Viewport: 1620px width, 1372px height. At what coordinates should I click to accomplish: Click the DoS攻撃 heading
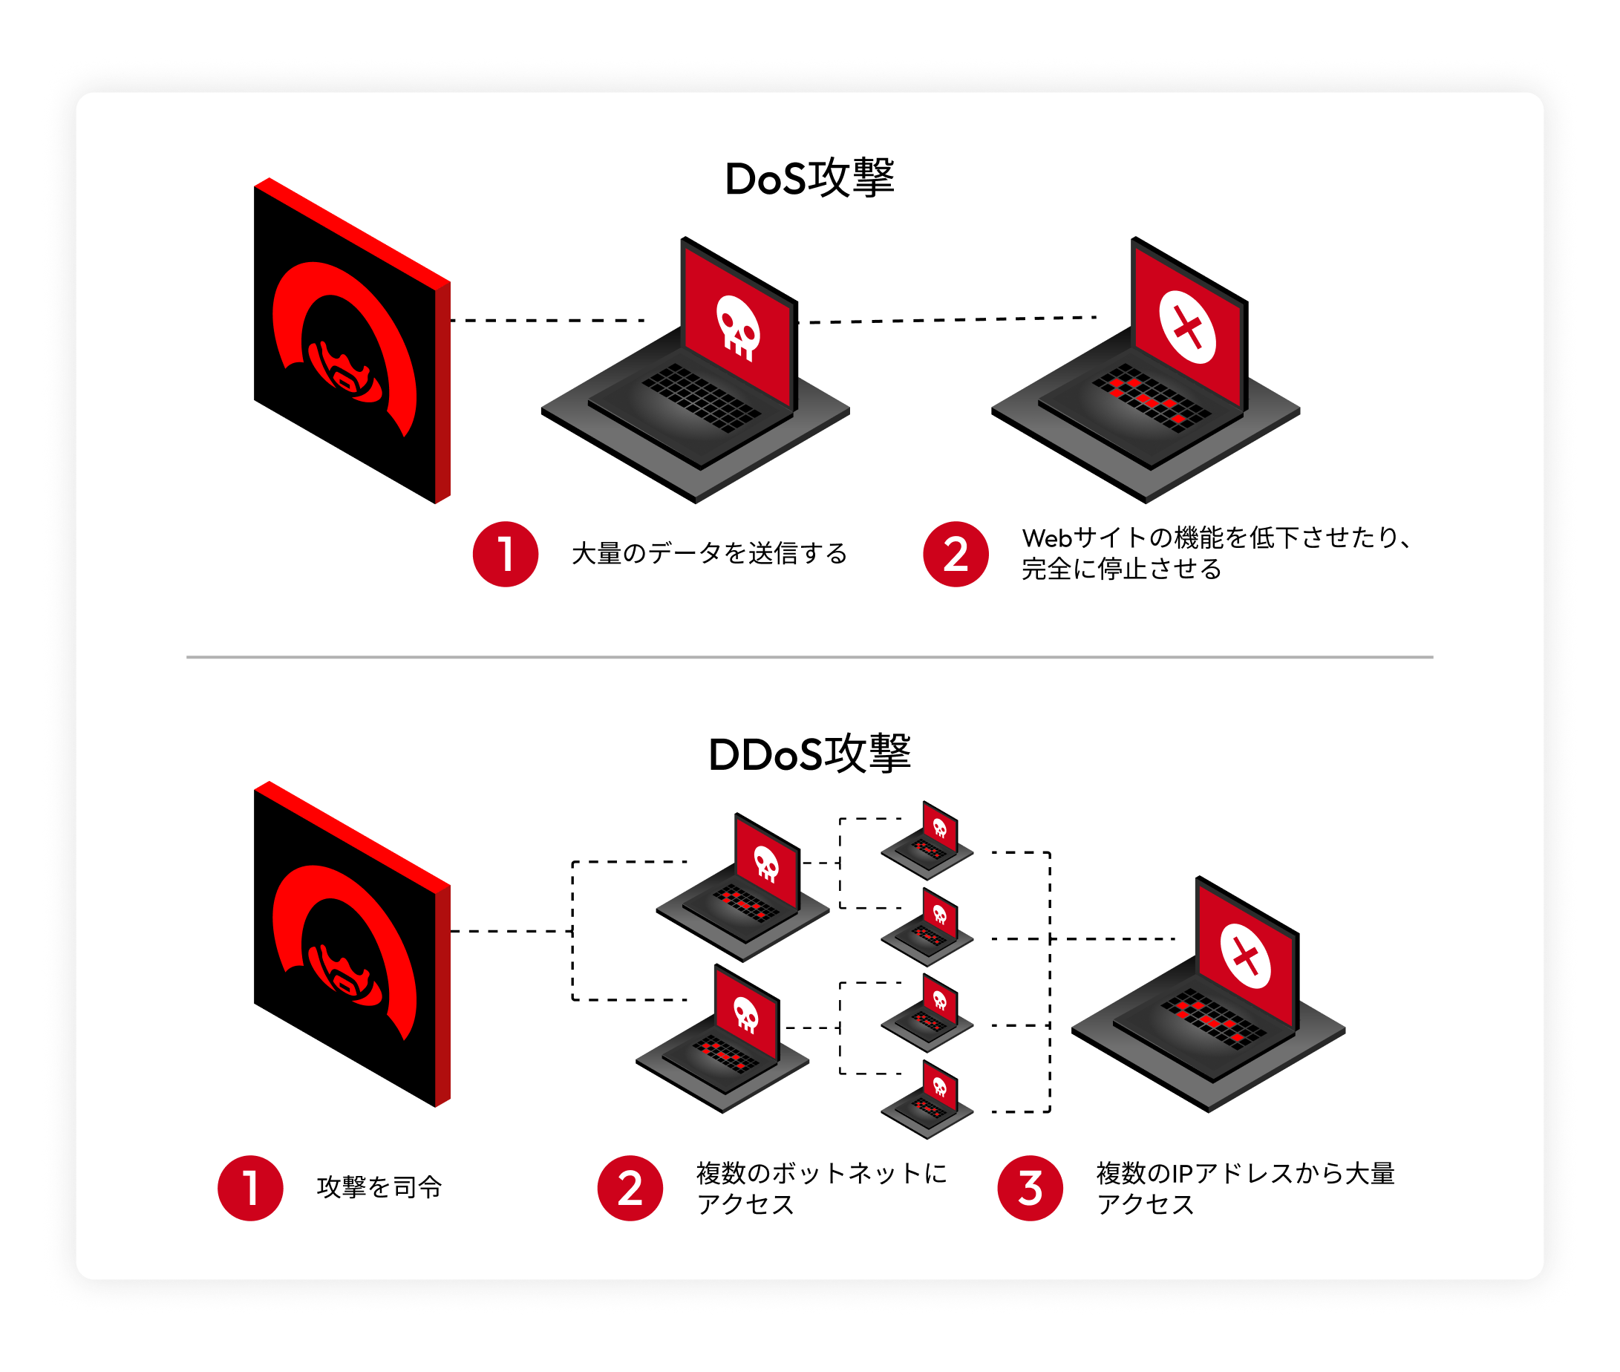[809, 179]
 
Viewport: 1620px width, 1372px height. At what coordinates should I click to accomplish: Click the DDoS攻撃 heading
[809, 754]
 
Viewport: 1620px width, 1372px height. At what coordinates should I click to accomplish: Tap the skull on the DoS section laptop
[737, 327]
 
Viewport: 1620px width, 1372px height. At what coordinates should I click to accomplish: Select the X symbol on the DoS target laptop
[1187, 327]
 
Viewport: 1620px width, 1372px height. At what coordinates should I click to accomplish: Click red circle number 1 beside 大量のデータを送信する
[506, 554]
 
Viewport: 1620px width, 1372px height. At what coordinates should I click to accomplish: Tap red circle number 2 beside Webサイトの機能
[956, 554]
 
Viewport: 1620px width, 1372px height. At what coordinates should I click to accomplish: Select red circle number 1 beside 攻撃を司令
[250, 1188]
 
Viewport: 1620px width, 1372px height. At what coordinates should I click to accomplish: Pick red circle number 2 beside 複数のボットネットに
[630, 1188]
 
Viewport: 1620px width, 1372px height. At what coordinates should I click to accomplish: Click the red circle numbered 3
[1030, 1188]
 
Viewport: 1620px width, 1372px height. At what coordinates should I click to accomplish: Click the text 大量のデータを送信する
[708, 554]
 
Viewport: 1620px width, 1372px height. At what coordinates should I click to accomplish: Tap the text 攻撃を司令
[379, 1188]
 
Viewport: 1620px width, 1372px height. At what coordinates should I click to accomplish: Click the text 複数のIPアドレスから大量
[1245, 1173]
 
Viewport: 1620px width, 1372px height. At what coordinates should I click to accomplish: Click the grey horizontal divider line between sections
[809, 657]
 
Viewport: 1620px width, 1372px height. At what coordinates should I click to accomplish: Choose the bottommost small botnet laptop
[927, 1100]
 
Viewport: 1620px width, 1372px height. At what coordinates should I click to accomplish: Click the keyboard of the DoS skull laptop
[702, 398]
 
